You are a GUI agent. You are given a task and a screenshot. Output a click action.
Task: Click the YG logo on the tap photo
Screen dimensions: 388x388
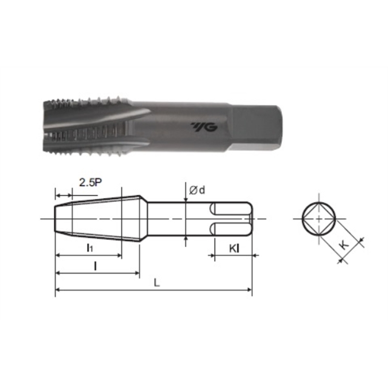(204, 127)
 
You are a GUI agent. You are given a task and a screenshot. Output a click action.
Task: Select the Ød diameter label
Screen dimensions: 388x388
(197, 190)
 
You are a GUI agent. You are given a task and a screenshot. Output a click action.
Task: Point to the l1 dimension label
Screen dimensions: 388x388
(90, 248)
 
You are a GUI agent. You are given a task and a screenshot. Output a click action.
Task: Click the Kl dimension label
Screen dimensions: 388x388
(234, 248)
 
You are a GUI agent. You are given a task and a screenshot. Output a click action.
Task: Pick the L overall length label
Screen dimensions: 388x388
(157, 282)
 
